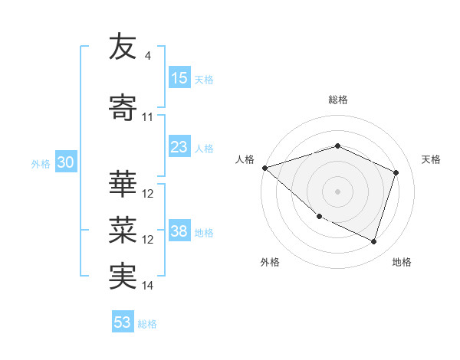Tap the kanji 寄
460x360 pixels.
123,108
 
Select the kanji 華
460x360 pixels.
123,185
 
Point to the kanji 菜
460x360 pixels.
123,230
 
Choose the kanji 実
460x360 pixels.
123,277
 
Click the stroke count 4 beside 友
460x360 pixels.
147,56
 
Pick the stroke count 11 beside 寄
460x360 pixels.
148,117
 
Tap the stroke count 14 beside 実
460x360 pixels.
148,286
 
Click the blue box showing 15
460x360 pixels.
179,78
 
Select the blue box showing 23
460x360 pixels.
179,147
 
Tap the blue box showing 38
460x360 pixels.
179,231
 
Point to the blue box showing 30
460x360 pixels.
65,162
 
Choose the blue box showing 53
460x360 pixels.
123,322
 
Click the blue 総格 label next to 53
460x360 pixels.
147,324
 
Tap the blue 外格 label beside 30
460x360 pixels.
41,163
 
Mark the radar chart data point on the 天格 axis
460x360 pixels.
396,172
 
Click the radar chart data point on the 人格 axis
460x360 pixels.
264,167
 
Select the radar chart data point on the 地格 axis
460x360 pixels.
373,241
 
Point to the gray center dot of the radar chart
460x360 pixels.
337,191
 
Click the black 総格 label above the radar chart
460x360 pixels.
337,100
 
